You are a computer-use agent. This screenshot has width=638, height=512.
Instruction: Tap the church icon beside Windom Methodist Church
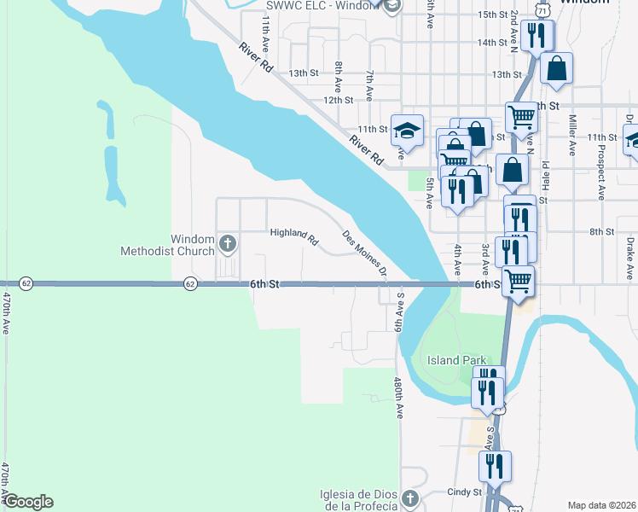227,245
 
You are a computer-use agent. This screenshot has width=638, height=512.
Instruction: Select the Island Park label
456,360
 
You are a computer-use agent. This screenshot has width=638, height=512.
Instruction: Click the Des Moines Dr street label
365,253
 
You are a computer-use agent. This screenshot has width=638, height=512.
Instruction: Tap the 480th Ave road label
398,398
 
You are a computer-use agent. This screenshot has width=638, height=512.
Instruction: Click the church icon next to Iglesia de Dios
410,497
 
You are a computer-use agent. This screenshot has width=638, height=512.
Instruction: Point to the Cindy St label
465,492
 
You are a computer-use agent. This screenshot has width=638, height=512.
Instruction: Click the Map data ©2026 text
601,505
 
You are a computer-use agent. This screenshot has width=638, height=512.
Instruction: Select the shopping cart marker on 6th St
518,280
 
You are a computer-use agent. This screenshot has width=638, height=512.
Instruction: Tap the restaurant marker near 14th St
537,35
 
